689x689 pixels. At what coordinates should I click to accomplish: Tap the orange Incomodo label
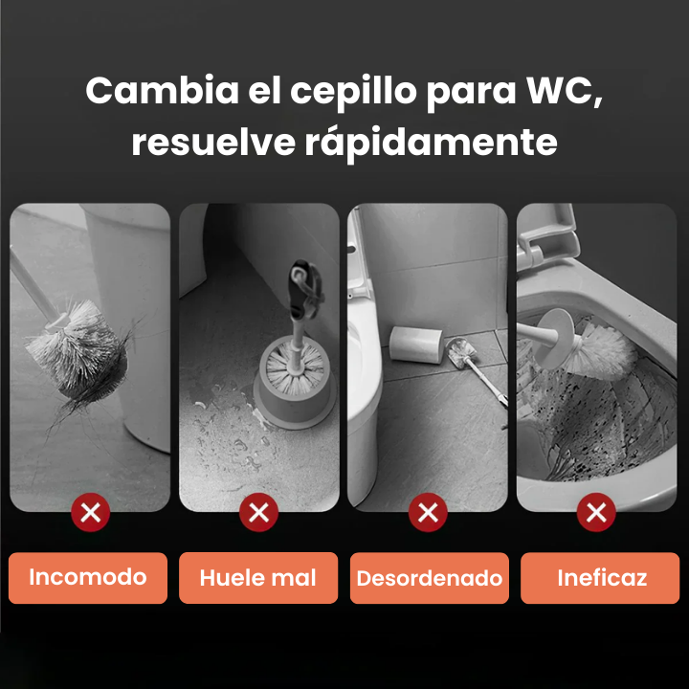tap(88, 577)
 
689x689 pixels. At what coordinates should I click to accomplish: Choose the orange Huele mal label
tap(257, 577)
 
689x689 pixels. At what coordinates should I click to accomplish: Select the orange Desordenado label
tap(429, 578)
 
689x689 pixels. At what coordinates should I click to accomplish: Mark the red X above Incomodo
tap(91, 514)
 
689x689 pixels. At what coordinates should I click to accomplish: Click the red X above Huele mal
tap(257, 514)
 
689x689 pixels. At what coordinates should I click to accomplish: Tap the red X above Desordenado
tap(428, 514)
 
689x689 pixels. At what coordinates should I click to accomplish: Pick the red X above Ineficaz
tap(597, 514)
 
